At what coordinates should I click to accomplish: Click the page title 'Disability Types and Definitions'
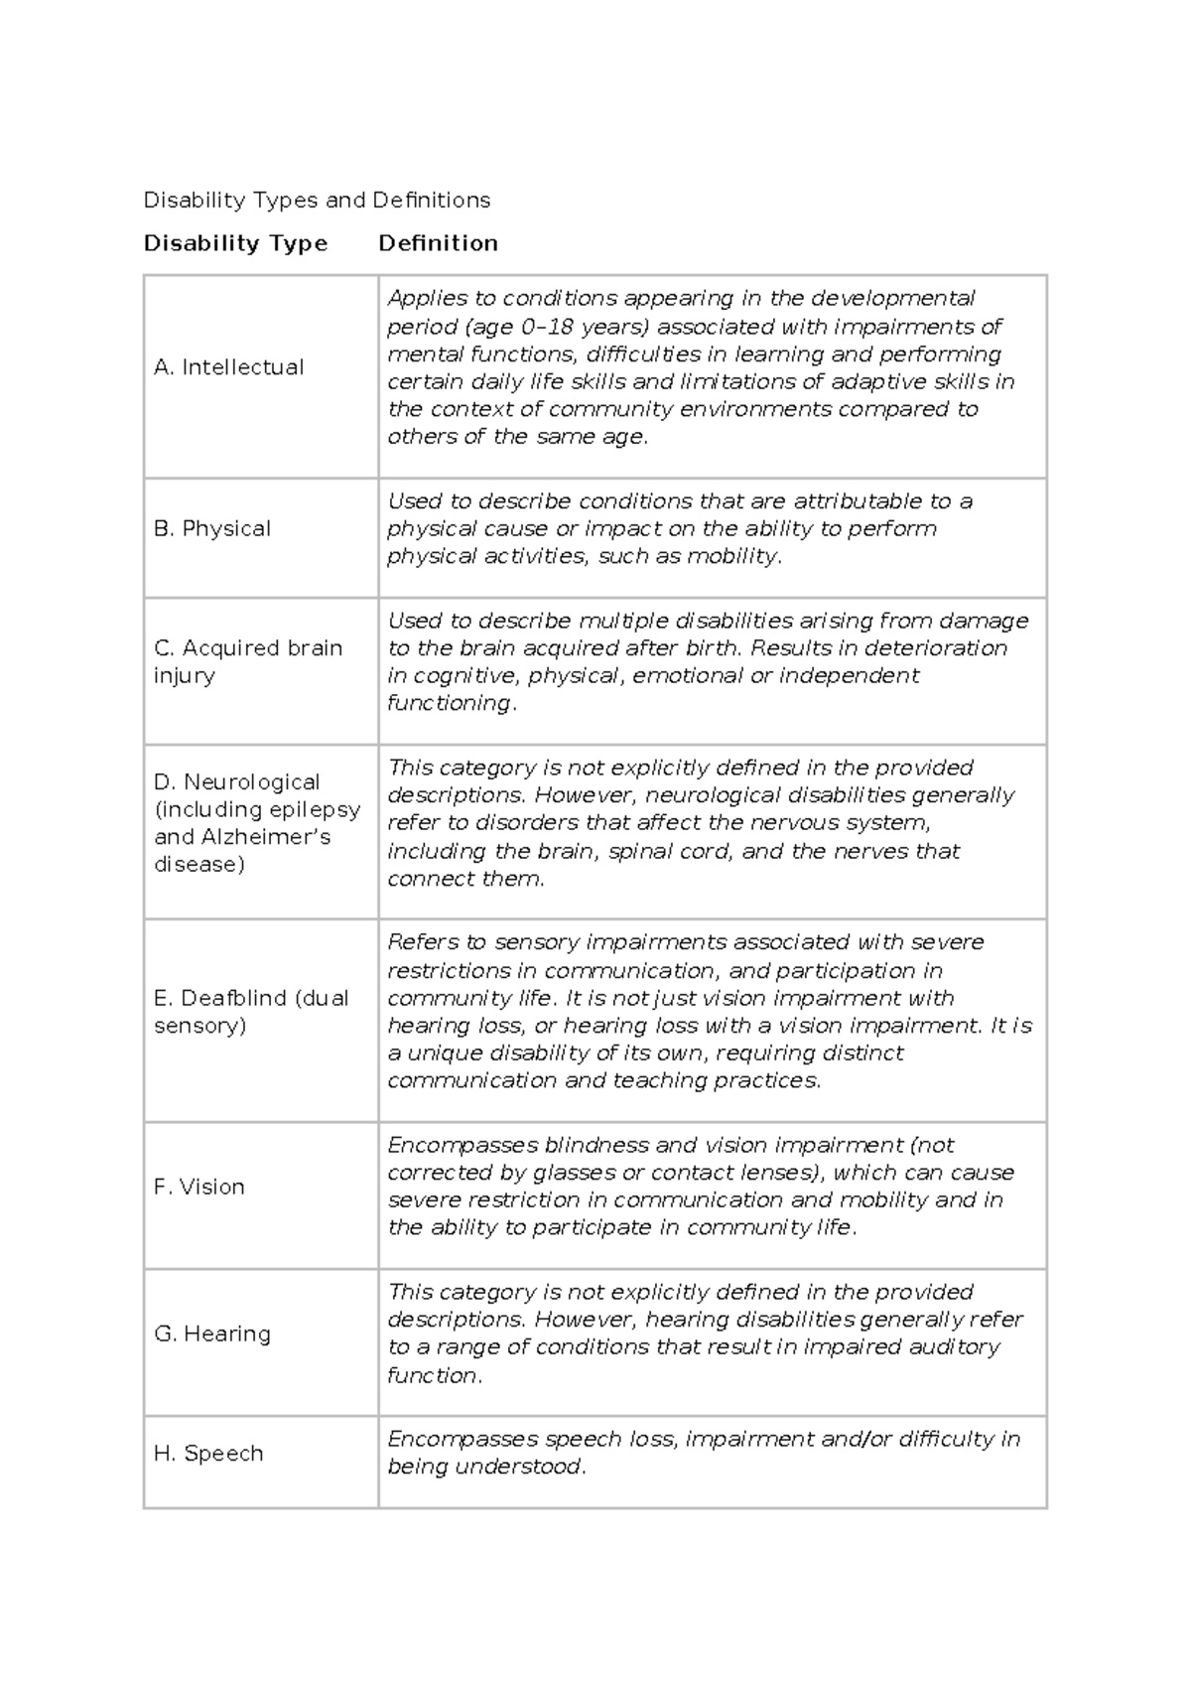coord(317,201)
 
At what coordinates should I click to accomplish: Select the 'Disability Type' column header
coord(235,243)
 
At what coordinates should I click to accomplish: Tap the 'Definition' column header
coord(438,243)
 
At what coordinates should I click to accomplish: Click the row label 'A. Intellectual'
coord(229,367)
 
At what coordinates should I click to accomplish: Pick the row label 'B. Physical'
coord(212,529)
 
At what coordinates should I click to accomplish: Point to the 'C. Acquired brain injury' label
coord(247,661)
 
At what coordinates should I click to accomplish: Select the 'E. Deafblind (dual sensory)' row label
coord(250,1012)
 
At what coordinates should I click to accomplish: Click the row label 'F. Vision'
coord(199,1188)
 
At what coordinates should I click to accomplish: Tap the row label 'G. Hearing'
coord(212,1334)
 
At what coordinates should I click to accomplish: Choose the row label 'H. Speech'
coord(208,1454)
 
